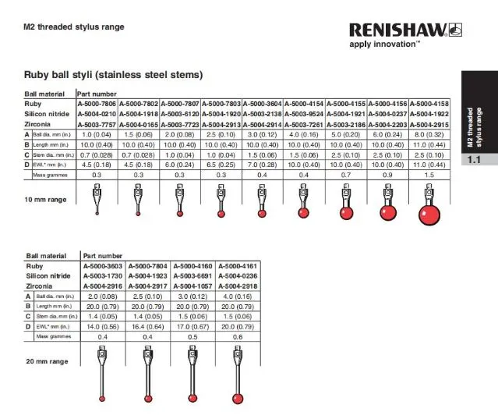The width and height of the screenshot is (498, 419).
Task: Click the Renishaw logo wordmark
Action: [x=397, y=30]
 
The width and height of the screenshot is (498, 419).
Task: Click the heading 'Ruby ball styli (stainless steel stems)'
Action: [x=114, y=76]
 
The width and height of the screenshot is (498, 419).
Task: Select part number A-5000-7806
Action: [x=97, y=103]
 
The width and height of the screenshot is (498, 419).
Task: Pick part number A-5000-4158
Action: [x=429, y=103]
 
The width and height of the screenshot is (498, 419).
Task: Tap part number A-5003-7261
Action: [x=305, y=124]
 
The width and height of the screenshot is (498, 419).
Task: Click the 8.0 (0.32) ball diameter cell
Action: [x=429, y=134]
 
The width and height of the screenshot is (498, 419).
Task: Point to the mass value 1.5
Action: [x=429, y=176]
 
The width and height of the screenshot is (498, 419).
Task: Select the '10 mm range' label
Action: [x=45, y=201]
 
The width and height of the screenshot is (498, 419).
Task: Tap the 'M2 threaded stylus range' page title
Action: [x=74, y=27]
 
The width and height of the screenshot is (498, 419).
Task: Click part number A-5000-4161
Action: [x=235, y=266]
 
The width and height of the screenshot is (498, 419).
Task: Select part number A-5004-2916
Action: [x=103, y=286]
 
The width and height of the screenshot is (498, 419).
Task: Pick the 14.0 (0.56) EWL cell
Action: [x=103, y=328]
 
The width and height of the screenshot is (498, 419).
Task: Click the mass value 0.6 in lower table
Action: [x=235, y=338]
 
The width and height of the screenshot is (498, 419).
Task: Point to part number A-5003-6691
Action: [x=190, y=276]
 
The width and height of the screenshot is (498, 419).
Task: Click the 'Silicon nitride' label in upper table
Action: [x=48, y=114]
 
